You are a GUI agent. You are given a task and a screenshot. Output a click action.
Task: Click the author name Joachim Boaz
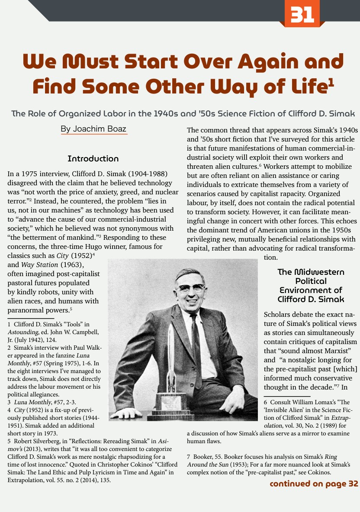(94, 129)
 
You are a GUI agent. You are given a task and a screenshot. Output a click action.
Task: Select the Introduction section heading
(93, 158)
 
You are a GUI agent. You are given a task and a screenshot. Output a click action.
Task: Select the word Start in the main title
(149, 61)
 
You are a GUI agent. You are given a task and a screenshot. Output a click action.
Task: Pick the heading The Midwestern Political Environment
(311, 286)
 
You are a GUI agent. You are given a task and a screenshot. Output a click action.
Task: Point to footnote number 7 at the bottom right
(189, 457)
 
